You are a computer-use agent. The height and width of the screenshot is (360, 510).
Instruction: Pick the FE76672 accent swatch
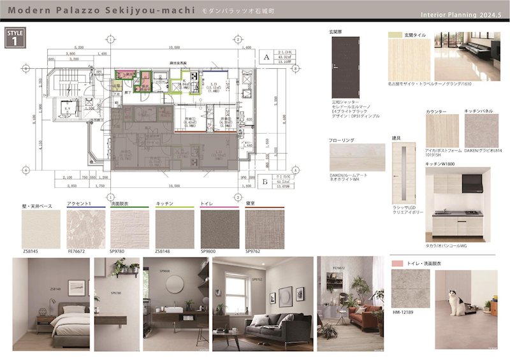click(86, 229)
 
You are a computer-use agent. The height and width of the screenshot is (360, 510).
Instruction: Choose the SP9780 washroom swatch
click(129, 229)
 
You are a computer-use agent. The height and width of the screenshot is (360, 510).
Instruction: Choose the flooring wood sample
click(357, 157)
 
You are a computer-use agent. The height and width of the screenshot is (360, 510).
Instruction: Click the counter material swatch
click(441, 131)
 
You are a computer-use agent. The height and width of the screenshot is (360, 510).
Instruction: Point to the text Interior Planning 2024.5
click(462, 14)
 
